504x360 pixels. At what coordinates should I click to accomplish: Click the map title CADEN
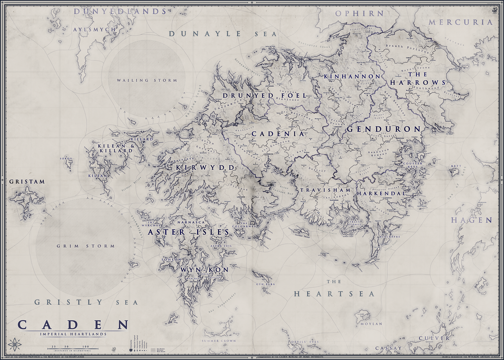point(73,325)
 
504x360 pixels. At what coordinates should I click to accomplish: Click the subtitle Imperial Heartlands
point(73,334)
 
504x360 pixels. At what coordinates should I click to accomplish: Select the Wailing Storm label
point(147,80)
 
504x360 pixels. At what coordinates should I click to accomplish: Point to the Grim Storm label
point(86,246)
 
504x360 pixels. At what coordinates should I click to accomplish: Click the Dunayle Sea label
point(222,34)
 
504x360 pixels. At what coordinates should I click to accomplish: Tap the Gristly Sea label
point(86,302)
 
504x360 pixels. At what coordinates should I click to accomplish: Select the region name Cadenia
point(278,134)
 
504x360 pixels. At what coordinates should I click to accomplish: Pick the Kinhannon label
point(352,76)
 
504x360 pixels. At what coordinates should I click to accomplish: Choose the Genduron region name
point(383,129)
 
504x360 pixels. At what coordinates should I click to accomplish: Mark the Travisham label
point(325,190)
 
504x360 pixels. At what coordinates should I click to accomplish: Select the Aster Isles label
point(189,232)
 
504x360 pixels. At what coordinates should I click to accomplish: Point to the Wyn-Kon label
point(204,269)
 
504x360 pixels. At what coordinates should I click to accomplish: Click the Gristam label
point(27,182)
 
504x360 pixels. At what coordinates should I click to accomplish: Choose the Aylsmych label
point(94,30)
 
